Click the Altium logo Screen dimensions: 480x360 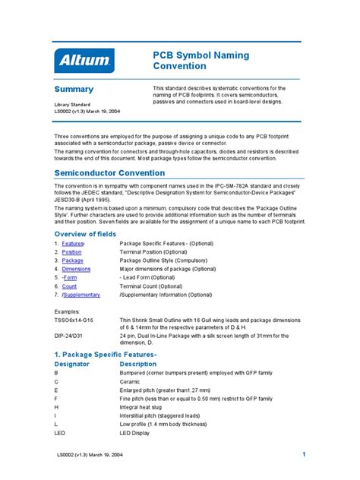[x=84, y=60]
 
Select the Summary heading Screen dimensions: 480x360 [x=74, y=90]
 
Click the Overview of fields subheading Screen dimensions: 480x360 [x=85, y=234]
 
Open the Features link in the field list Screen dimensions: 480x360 [x=73, y=243]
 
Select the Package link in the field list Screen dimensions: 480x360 [x=72, y=261]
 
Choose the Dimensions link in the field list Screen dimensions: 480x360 [x=76, y=269]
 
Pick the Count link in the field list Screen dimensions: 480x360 [x=69, y=286]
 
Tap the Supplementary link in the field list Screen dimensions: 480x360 [x=81, y=295]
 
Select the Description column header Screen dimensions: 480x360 [x=141, y=364]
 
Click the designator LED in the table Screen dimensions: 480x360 [x=60, y=432]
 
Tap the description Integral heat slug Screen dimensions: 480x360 [x=146, y=407]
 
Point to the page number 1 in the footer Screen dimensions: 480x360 [x=303, y=454]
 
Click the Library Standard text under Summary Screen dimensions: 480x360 [x=72, y=103]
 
